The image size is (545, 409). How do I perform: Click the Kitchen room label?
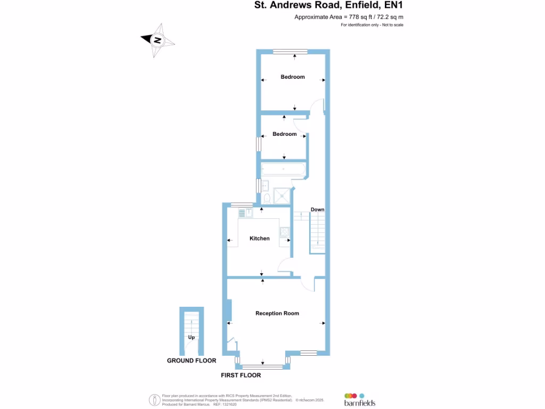260,239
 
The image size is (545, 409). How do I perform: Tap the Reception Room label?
277,314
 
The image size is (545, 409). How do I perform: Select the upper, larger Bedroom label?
293,77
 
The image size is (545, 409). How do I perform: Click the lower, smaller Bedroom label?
284,134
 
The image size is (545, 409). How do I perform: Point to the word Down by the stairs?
317,210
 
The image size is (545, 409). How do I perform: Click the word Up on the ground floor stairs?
191,338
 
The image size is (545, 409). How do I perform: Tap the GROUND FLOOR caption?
192,361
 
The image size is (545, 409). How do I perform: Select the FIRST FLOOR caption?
241,375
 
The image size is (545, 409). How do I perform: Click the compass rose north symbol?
156,39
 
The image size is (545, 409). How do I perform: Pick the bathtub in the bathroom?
283,170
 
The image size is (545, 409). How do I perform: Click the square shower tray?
282,195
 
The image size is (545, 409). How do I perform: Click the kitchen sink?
245,213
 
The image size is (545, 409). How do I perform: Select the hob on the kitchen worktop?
285,232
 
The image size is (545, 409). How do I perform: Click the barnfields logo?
360,399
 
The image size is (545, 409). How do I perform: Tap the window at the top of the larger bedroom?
291,51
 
